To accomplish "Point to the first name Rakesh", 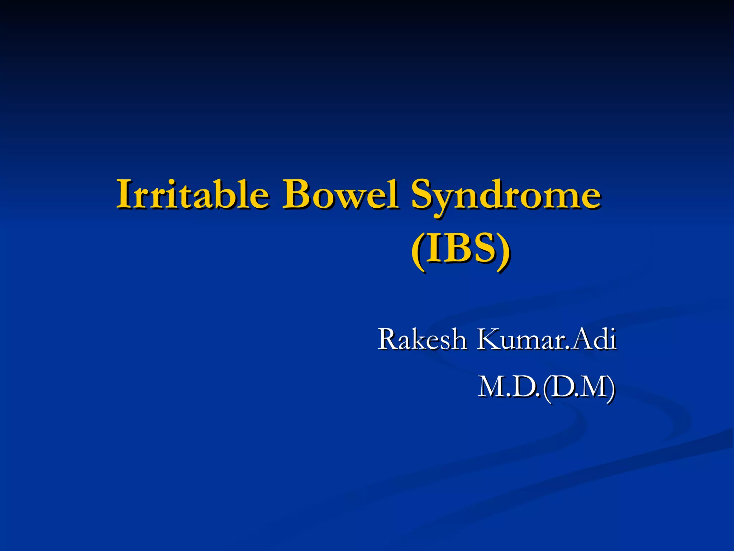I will [x=422, y=339].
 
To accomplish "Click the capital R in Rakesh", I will [x=389, y=339].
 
